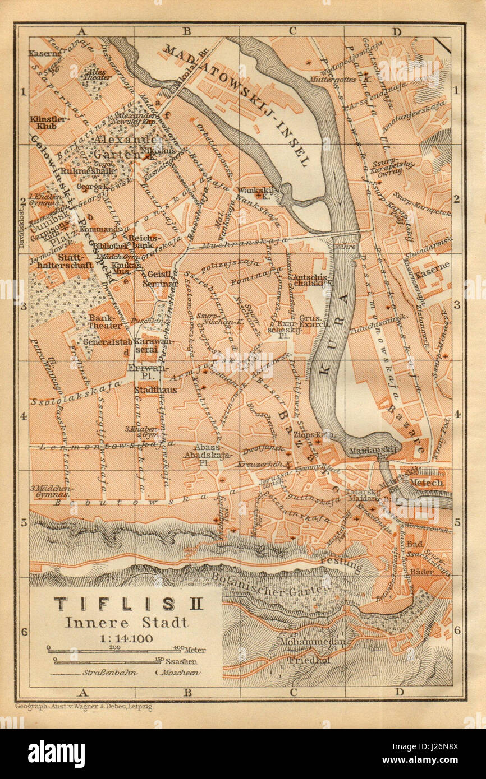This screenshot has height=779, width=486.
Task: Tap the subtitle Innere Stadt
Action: [x=127, y=622]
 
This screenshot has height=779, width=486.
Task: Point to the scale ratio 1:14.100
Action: [x=127, y=638]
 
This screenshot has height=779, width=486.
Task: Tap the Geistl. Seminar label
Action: [x=163, y=279]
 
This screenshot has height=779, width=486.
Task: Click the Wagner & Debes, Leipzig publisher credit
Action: [x=84, y=707]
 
